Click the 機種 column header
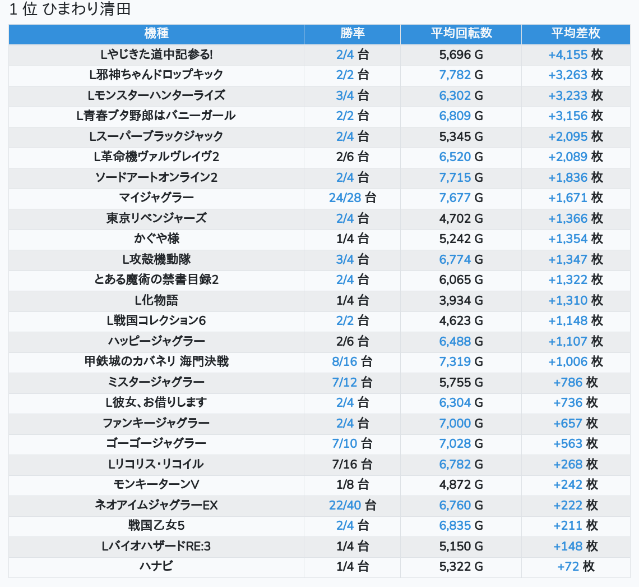click(x=156, y=33)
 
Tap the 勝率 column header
click(x=353, y=33)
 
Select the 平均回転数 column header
click(x=461, y=33)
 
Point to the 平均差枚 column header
click(x=576, y=33)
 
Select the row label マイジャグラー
click(x=156, y=198)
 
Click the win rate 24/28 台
click(x=353, y=198)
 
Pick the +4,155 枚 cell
click(x=576, y=54)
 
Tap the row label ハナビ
click(x=156, y=566)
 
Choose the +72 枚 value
click(x=576, y=566)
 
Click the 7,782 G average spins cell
click(x=461, y=75)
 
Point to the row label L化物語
click(x=156, y=300)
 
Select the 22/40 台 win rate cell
click(x=353, y=505)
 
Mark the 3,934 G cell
click(x=461, y=300)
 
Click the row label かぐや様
click(x=156, y=239)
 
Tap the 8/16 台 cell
click(x=353, y=361)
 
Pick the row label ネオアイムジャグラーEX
click(x=156, y=505)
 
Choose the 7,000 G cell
click(x=461, y=423)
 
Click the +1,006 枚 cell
click(x=576, y=361)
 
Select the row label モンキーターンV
click(x=156, y=485)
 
